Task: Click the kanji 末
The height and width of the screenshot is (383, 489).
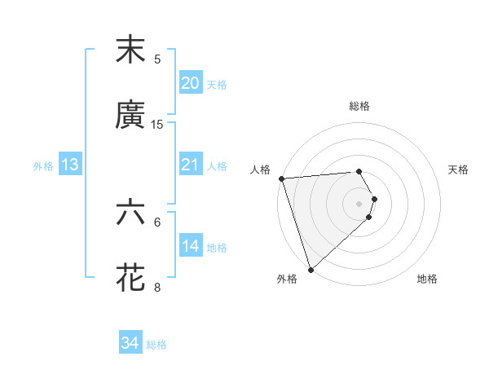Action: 130,51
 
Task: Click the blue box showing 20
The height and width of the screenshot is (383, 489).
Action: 191,83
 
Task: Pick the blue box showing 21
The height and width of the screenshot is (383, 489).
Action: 191,165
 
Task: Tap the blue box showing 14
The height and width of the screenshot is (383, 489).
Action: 191,246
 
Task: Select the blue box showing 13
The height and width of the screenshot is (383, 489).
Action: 70,165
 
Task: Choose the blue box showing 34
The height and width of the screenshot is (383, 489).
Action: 130,343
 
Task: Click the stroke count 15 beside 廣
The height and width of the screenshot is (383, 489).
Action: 157,124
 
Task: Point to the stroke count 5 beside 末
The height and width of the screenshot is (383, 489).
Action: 157,59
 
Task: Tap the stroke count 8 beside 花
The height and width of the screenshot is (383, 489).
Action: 157,287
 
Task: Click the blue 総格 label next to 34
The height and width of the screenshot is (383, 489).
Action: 156,345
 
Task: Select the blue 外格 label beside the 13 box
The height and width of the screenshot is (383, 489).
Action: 43,166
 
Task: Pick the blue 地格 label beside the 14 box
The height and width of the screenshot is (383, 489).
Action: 217,248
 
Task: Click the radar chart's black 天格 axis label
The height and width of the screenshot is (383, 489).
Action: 458,169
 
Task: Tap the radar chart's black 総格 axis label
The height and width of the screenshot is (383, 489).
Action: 359,106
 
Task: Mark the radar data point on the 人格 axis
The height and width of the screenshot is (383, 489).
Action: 281,178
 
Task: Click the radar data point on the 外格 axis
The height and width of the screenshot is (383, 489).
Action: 311,269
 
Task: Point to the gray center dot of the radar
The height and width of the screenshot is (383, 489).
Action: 359,203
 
